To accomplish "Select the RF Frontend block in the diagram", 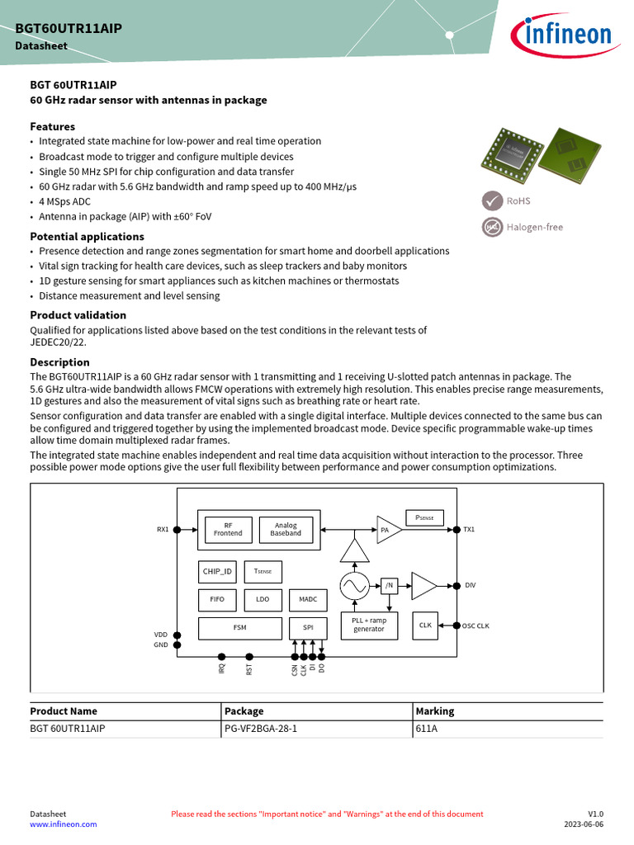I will [228, 529].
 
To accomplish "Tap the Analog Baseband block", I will [286, 529].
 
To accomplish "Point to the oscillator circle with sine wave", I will [354, 586].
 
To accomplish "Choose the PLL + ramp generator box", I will [368, 625].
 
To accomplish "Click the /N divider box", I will [390, 586].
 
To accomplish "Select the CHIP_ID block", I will [217, 571].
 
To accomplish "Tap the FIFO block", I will [217, 599].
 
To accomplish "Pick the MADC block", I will [308, 599].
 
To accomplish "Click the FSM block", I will [239, 627].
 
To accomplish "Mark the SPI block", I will [308, 627].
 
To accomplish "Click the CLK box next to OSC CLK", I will [425, 625].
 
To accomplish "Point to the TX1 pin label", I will [469, 530].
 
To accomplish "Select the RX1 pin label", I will [163, 530].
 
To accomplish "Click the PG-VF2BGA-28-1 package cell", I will [260, 729].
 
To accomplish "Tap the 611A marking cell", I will [427, 729].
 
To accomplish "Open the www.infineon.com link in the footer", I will [64, 824].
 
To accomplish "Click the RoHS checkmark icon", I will [493, 201].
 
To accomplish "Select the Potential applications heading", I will [87, 236].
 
